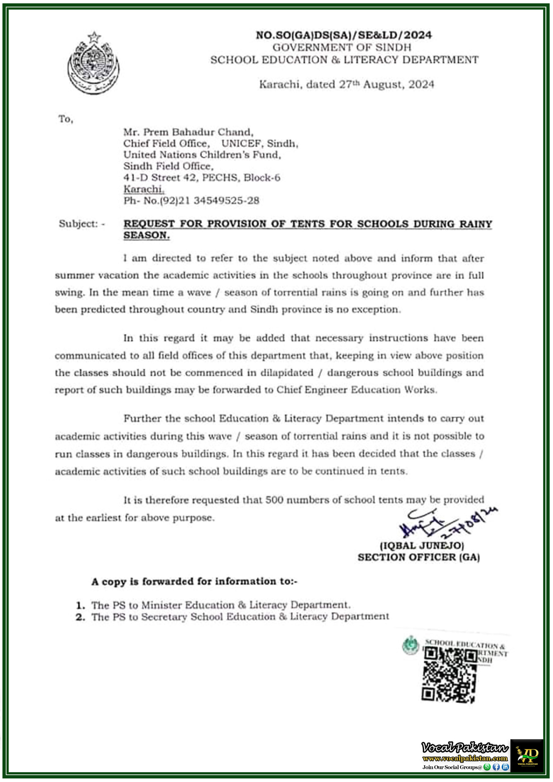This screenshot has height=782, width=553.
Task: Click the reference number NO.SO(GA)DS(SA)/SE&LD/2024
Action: point(344,35)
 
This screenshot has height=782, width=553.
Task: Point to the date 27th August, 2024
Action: point(386,85)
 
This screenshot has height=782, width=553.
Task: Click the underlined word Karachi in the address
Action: point(144,189)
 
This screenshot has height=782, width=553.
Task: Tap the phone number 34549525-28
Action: point(226,200)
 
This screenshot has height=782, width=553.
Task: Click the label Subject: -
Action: point(82,224)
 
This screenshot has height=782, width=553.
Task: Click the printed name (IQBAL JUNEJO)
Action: point(422,546)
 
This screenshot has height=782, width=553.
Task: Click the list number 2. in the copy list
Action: point(80,617)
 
